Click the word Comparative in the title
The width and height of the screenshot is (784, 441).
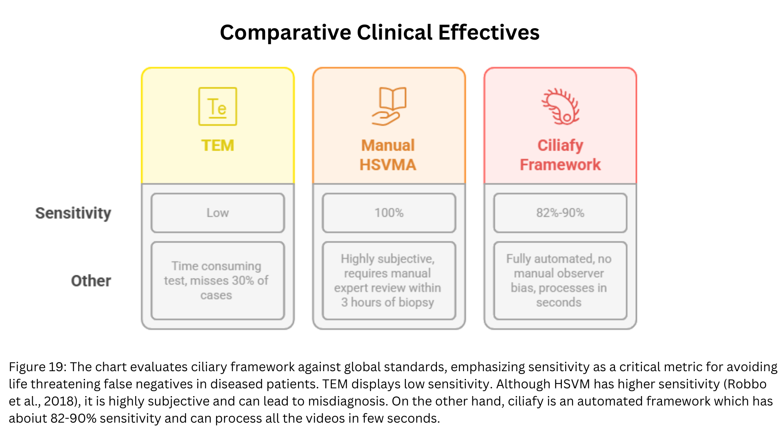(x=285, y=33)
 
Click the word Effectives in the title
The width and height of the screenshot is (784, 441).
(x=489, y=32)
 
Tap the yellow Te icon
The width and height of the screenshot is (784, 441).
(x=218, y=107)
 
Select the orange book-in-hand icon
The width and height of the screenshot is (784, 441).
(x=389, y=106)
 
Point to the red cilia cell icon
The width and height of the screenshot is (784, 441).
(x=560, y=107)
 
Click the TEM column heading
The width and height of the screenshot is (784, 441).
(x=218, y=145)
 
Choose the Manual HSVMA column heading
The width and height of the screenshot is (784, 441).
(x=388, y=155)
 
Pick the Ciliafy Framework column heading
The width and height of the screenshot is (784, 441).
(x=560, y=155)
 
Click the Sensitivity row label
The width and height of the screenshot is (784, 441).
(x=73, y=213)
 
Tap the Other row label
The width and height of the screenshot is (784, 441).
(x=91, y=281)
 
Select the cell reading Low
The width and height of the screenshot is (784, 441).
(x=218, y=213)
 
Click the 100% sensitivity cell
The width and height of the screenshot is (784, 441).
(x=389, y=213)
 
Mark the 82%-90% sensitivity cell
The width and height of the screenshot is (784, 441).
(x=560, y=213)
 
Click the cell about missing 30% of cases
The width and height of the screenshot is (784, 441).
(x=218, y=281)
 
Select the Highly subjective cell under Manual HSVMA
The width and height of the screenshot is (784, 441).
(x=389, y=281)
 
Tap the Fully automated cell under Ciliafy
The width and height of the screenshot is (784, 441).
(x=560, y=281)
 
